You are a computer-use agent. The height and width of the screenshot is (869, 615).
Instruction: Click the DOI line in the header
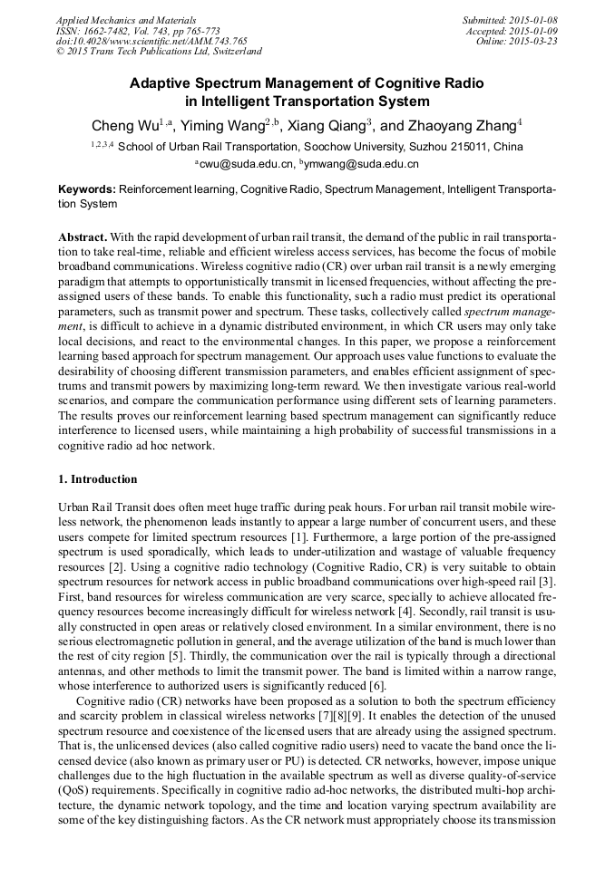151,42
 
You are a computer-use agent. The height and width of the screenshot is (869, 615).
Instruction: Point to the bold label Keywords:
87,191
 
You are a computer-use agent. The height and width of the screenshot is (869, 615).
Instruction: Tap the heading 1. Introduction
98,479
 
